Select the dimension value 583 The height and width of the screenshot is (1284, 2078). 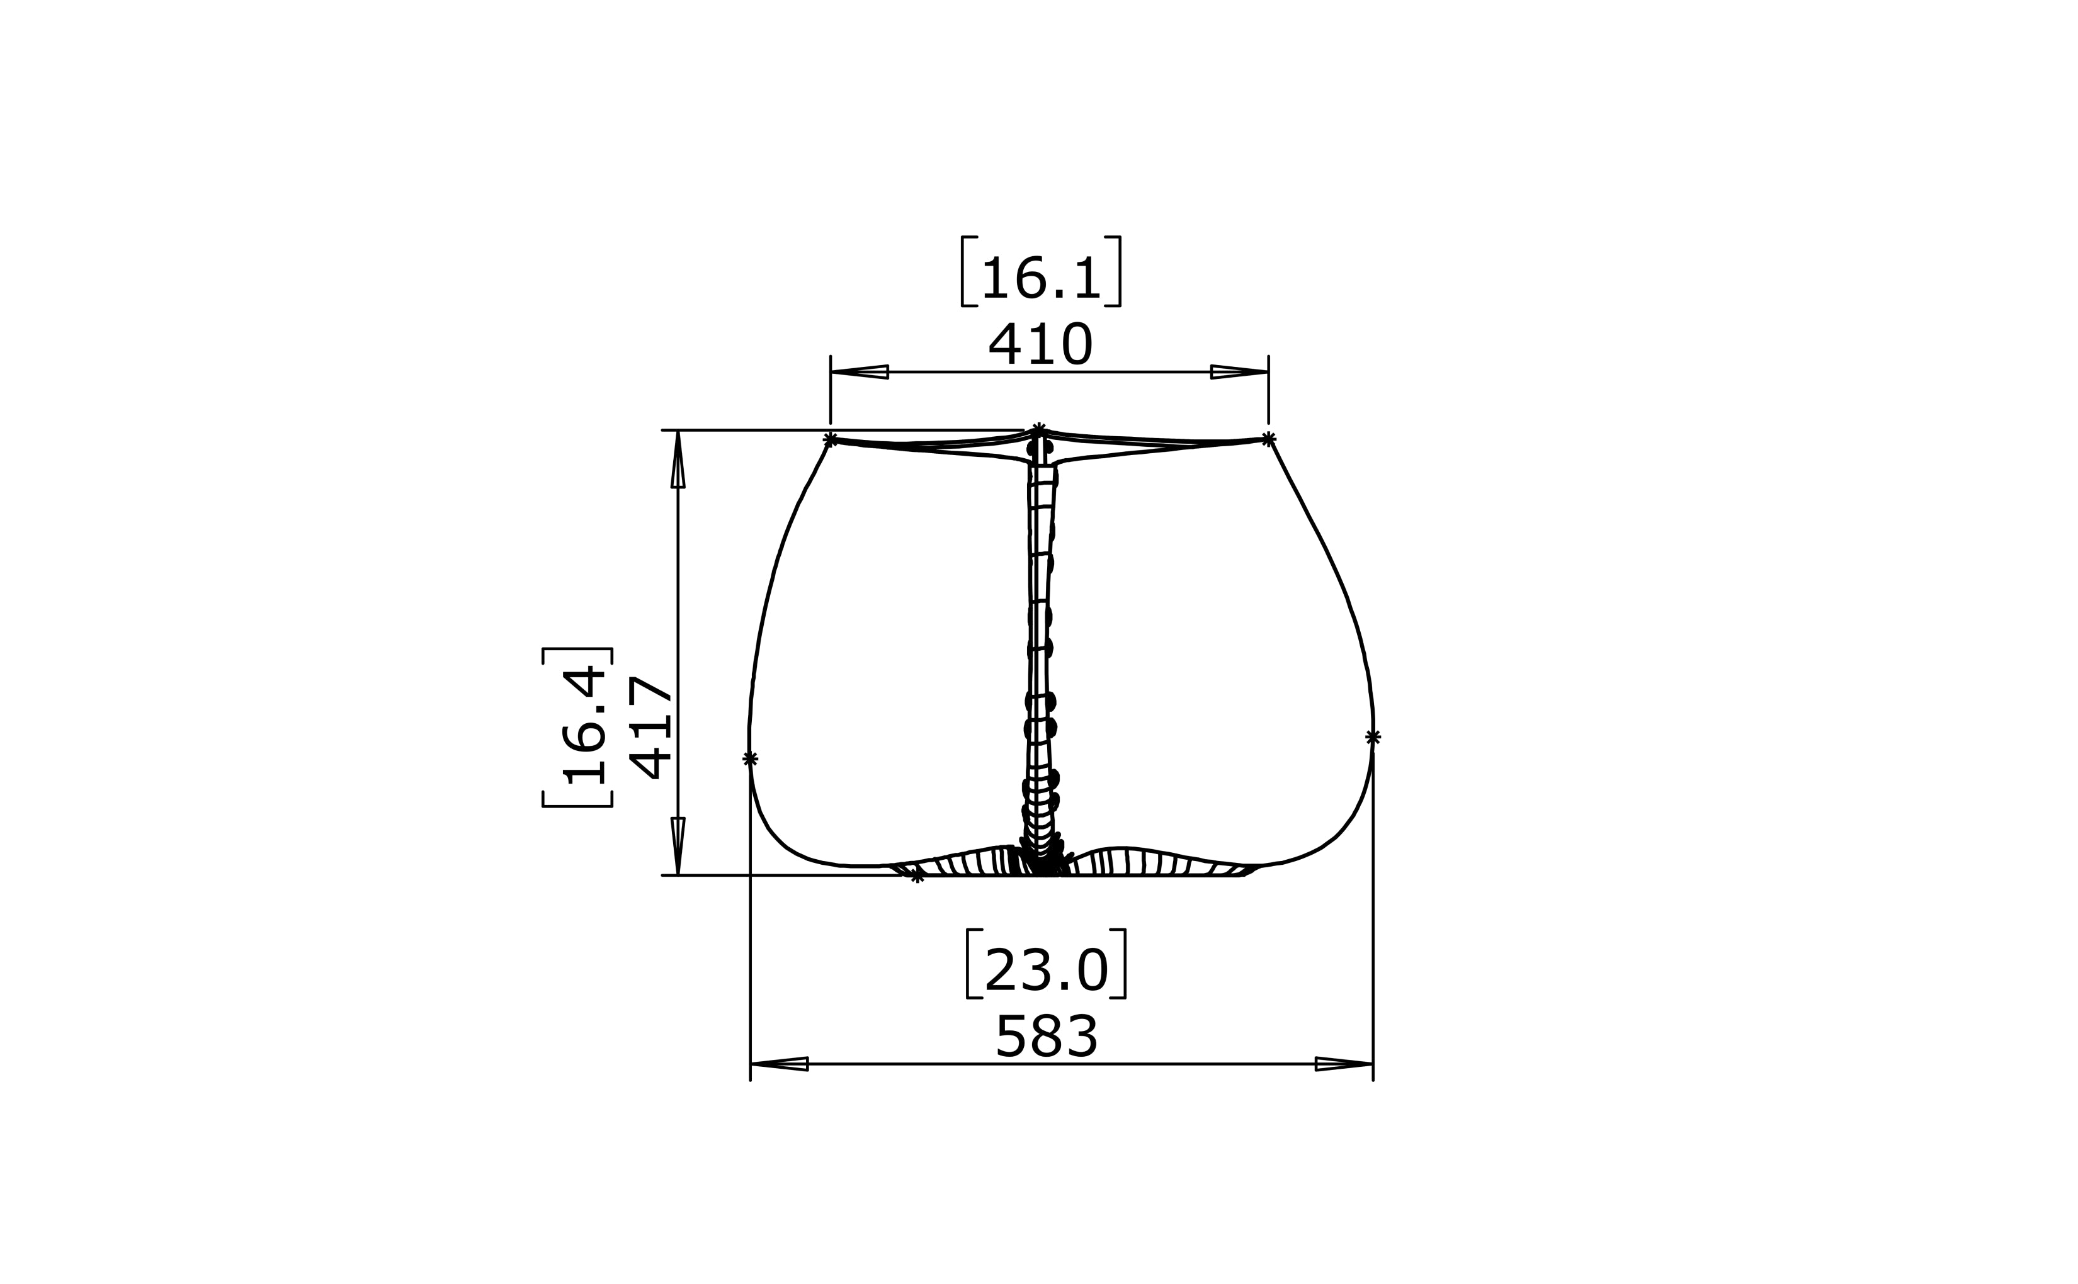pos(1047,1036)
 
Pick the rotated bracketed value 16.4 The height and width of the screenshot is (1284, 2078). pos(584,728)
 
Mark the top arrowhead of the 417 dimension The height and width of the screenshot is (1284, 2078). pos(678,459)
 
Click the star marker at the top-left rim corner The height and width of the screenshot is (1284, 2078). pos(831,439)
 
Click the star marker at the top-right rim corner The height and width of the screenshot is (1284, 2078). pos(1268,438)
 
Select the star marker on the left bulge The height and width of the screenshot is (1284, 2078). pos(750,758)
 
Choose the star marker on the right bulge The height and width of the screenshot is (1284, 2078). pos(1373,737)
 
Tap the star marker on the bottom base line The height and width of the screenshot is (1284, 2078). pos(917,876)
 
